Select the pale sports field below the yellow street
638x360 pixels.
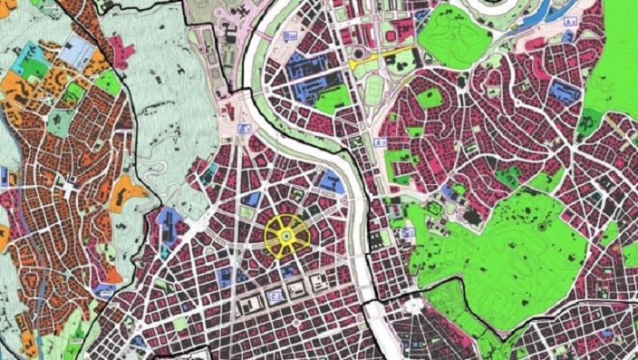(x=373, y=87)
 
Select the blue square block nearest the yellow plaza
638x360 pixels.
(x=255, y=200)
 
